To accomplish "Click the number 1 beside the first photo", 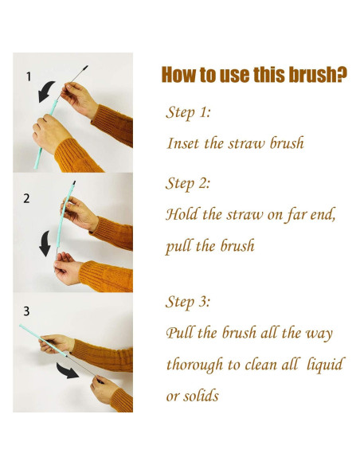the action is coord(29,76).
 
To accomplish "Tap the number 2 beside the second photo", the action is coord(27,198).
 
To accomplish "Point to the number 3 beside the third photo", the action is coord(26,311).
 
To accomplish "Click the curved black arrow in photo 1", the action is coord(45,91).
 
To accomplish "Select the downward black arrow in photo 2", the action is coord(45,244).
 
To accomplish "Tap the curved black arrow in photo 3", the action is coord(67,371).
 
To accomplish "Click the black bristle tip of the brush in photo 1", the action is coord(84,68).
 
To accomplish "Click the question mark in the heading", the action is coord(342,75).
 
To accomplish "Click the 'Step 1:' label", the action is coord(188,112).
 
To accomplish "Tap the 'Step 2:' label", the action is coord(188,184).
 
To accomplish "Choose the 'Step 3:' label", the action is coord(188,303).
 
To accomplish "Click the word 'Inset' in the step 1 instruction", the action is coord(183,143).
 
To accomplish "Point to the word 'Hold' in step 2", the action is coord(181,214).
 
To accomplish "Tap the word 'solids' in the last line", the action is coord(201,396).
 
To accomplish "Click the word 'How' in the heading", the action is coord(179,75).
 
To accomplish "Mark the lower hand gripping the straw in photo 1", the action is coord(49,134).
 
